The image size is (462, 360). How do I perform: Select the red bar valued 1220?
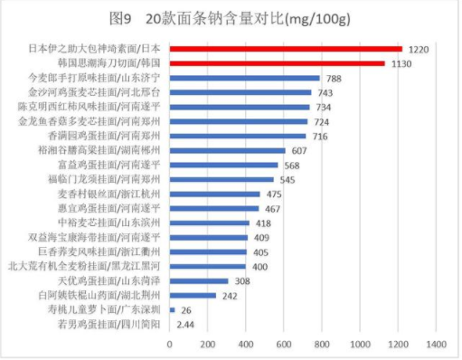tap(286, 47)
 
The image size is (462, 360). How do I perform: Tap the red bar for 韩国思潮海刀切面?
tap(277, 63)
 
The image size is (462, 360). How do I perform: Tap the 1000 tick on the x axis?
tap(361, 345)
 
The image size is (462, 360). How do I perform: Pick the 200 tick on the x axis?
tap(207, 345)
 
